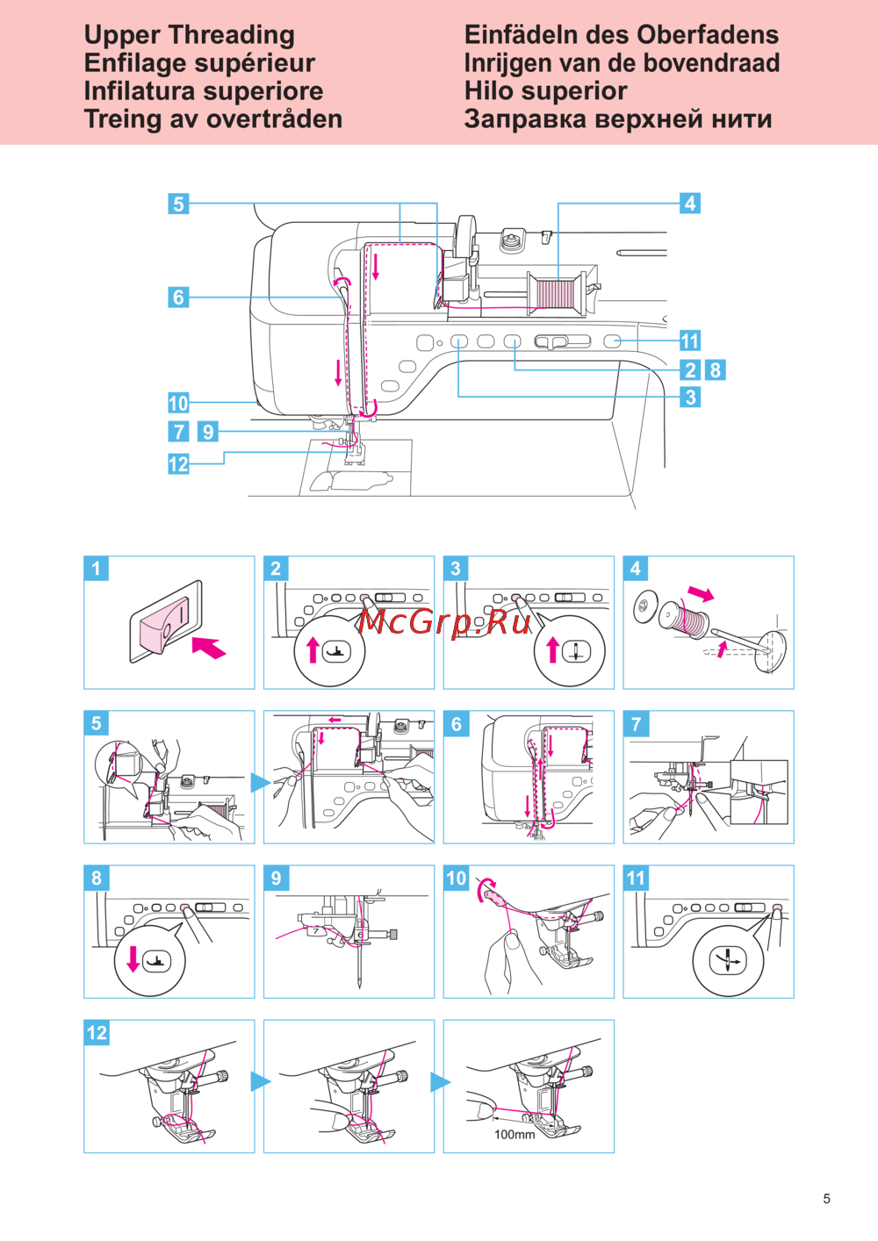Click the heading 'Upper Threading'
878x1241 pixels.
coord(190,35)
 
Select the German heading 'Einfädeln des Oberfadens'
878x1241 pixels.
coord(621,35)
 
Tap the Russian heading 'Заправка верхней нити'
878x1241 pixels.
coord(618,119)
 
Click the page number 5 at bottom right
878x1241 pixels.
coord(826,1199)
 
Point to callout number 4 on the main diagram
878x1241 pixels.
coord(690,204)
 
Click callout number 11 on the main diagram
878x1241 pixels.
coord(690,341)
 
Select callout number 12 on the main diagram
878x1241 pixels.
coord(178,464)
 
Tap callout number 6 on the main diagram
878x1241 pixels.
coord(178,298)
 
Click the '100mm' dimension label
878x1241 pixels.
coord(515,1135)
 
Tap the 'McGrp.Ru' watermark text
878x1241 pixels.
coord(445,621)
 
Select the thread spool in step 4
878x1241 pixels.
coord(685,618)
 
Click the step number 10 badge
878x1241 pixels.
coord(457,879)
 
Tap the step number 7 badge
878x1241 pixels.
coord(637,724)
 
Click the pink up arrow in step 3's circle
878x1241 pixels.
coord(552,650)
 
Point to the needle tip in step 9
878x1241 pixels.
coord(360,986)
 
